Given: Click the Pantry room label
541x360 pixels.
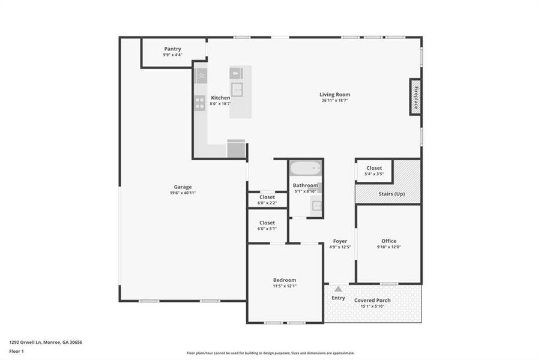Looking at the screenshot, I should (x=172, y=49).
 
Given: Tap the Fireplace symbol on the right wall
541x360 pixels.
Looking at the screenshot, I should (x=415, y=96).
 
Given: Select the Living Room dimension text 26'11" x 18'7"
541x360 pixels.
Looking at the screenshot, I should (x=334, y=100).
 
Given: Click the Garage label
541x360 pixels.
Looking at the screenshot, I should (x=183, y=187).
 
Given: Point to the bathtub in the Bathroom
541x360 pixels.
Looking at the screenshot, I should (x=306, y=168).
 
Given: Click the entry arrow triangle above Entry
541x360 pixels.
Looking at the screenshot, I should (x=338, y=289).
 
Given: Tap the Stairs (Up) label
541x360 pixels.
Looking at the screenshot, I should (x=391, y=194).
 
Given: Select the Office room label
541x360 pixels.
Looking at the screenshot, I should (x=388, y=241).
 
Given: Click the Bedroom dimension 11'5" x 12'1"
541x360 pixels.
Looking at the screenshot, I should (x=284, y=286).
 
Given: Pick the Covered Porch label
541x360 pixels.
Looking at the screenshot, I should (x=372, y=300).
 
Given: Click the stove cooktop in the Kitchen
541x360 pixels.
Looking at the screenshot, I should (x=200, y=103).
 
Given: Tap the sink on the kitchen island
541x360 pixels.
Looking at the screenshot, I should (x=238, y=90).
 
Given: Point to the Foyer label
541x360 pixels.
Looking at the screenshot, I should (x=340, y=241).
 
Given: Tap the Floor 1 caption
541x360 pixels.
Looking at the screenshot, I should (x=16, y=351).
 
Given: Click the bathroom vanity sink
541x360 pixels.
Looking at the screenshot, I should (x=316, y=206).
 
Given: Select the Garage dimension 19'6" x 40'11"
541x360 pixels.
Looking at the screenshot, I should (x=183, y=193).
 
